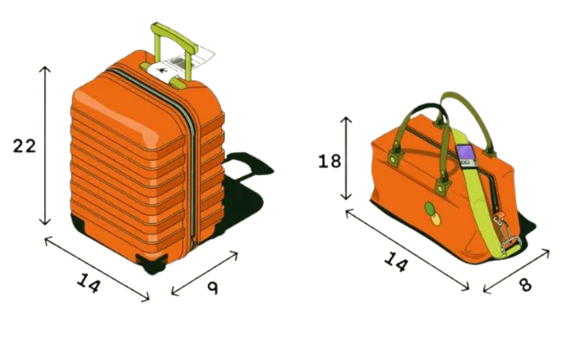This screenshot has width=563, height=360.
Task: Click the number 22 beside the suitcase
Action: (x=24, y=145)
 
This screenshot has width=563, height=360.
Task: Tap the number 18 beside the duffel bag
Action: (x=331, y=161)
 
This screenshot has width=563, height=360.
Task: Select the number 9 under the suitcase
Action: (x=213, y=288)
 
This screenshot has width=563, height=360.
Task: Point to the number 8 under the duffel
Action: (x=525, y=284)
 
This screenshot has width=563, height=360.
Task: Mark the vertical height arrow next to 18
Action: (x=346, y=158)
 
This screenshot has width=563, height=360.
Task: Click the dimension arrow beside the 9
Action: (x=205, y=274)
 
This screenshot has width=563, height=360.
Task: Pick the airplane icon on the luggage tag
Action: (x=163, y=70)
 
